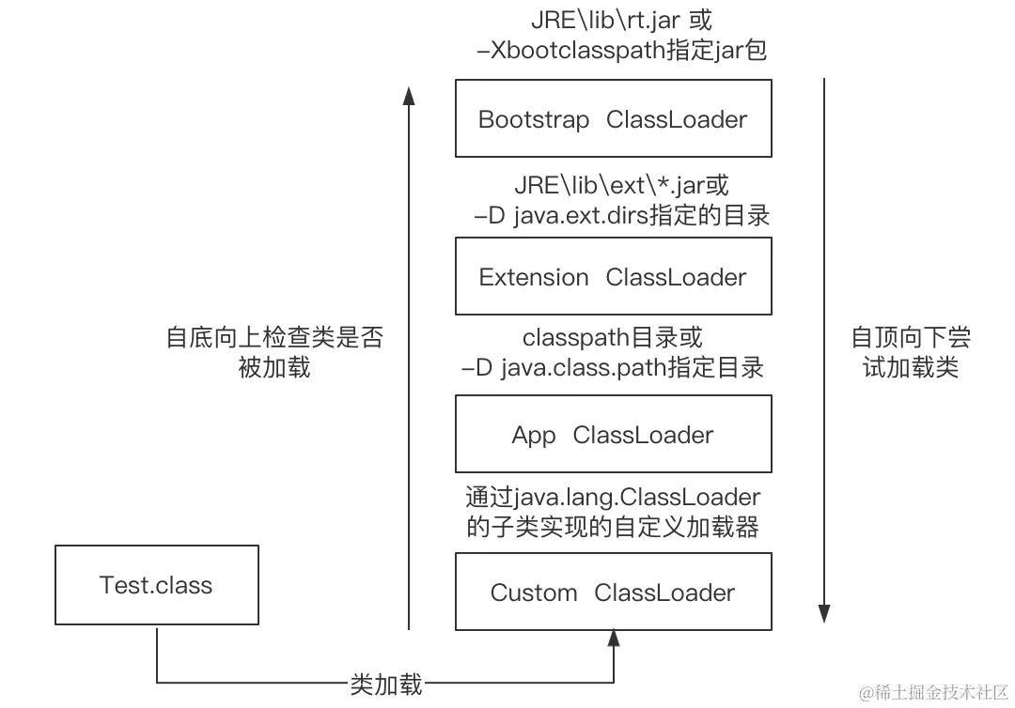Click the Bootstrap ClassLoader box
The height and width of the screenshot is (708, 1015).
pos(613,118)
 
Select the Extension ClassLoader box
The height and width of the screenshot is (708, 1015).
pos(613,276)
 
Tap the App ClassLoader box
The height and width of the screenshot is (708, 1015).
pos(613,434)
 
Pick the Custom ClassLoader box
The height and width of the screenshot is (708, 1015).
pos(613,592)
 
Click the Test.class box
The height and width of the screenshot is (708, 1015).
pos(156,585)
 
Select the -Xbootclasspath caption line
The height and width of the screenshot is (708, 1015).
pos(622,49)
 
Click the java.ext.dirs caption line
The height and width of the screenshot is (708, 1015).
pos(622,215)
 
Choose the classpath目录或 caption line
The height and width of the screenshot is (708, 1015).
pos(612,336)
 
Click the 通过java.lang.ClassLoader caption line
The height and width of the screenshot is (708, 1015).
pos(613,495)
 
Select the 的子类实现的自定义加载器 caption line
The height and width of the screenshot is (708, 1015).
pos(613,526)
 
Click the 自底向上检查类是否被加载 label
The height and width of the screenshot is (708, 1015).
pos(274,352)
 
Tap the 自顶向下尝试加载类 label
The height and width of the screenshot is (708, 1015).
pos(910,352)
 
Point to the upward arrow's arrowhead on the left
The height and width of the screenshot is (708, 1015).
pos(408,94)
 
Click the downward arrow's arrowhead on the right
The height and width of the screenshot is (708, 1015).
pos(824,614)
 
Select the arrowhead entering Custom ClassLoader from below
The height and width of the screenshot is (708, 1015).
pos(614,639)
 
